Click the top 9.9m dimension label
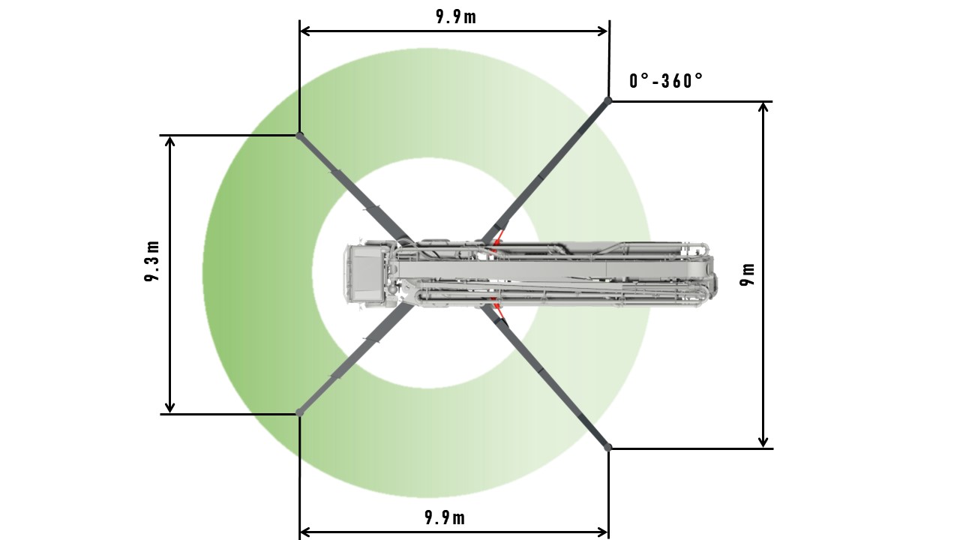tap(456, 16)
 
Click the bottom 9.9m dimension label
tap(445, 518)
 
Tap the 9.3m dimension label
tap(152, 261)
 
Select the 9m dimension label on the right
tap(747, 274)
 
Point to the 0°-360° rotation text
tap(666, 80)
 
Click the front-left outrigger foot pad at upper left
tap(300, 136)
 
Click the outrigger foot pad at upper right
tap(608, 100)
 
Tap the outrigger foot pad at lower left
tap(300, 412)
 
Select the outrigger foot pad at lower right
tap(608, 448)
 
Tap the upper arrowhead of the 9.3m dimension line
tap(170, 142)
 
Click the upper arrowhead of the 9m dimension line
tap(763, 107)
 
